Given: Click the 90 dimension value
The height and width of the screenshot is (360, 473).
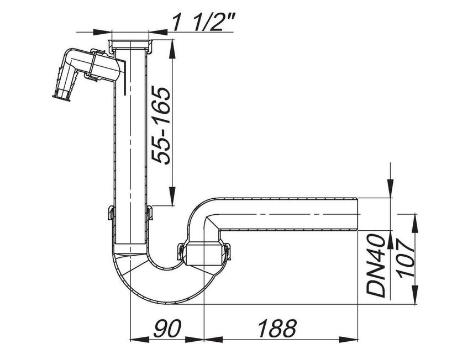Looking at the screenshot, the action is [167, 329].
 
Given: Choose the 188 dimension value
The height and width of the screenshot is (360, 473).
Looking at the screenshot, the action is [277, 329].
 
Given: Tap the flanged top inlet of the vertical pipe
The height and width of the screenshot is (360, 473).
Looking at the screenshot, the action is [130, 45].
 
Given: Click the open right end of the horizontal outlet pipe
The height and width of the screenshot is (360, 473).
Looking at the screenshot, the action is [357, 214].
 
